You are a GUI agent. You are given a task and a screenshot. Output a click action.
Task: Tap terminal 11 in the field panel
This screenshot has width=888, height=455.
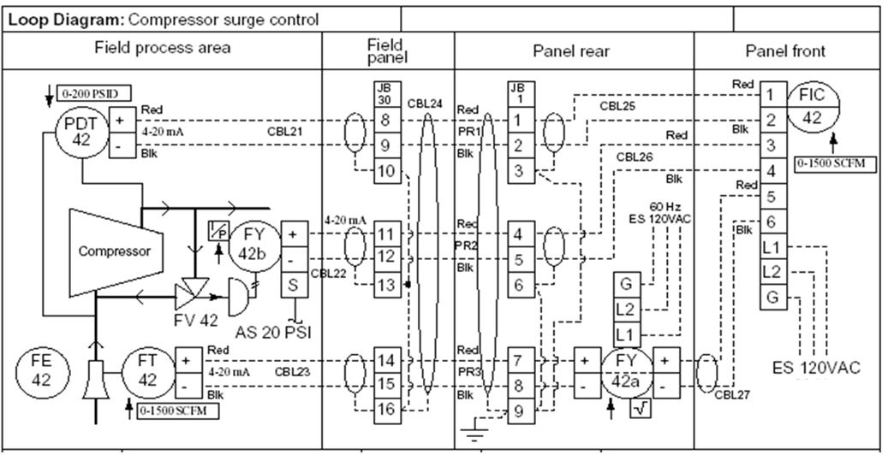point(387,233)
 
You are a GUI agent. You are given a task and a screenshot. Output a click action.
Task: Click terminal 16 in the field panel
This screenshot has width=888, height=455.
point(387,410)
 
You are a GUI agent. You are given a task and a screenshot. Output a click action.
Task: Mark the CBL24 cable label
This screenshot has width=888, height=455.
point(425,104)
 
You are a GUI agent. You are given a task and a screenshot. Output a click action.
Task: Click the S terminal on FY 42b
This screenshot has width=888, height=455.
point(295,285)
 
